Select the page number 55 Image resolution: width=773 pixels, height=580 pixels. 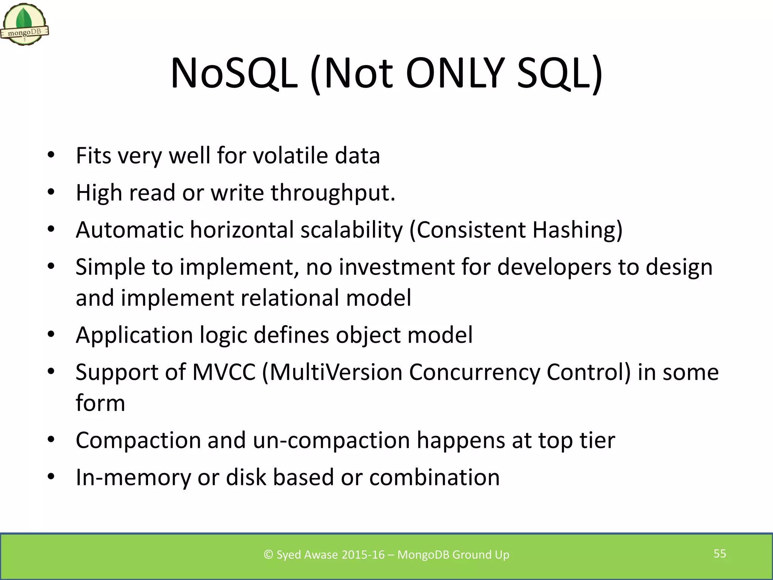point(720,554)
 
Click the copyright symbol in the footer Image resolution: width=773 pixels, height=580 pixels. point(268,555)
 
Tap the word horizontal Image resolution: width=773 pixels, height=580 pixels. point(242,230)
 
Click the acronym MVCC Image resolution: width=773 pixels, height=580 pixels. point(224,372)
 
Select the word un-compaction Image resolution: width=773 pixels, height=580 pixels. point(331,441)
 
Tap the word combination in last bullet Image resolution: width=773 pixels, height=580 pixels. point(434,477)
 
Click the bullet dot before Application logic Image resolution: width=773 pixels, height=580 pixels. point(51,335)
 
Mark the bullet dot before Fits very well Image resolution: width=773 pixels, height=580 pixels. point(51,155)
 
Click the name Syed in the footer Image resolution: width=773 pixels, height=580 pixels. point(289,555)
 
